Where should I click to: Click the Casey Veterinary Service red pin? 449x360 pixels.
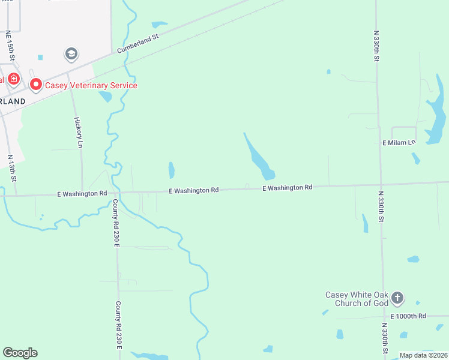[x=35, y=85]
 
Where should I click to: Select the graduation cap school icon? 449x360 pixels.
[x=71, y=55]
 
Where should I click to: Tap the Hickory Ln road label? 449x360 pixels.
[x=79, y=132]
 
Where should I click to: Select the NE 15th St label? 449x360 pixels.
[x=9, y=46]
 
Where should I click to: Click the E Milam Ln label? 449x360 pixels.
[x=399, y=143]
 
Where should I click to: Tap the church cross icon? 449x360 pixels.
[x=397, y=297]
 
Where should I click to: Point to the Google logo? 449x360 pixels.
[x=20, y=353]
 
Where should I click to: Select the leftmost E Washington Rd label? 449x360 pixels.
[x=82, y=194]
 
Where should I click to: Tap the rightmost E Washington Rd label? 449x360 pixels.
[x=288, y=188]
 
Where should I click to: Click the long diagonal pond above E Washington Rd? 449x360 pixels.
[x=259, y=157]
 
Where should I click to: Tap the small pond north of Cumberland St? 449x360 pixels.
[x=160, y=25]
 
